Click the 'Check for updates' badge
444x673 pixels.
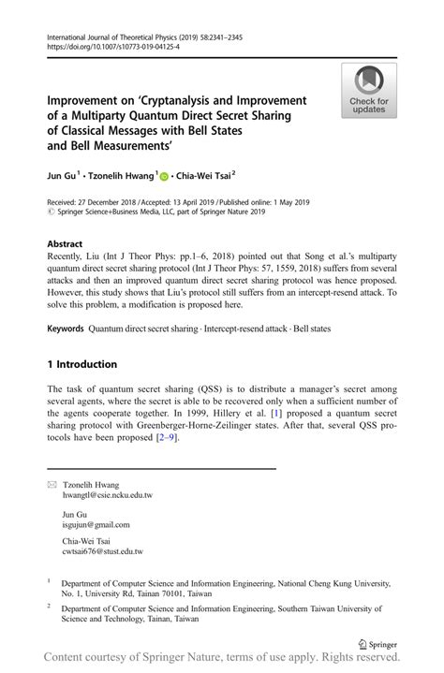pos(368,92)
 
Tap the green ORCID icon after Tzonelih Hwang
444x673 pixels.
pos(165,175)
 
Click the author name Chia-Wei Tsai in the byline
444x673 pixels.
pos(205,175)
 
